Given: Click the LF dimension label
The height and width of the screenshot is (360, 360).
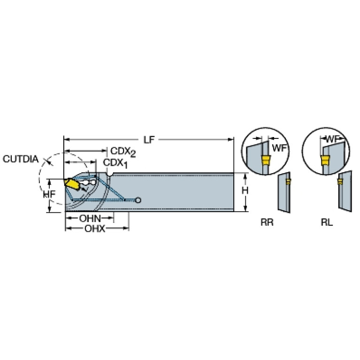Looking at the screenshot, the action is click(x=149, y=139).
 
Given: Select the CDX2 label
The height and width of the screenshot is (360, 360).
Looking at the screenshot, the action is click(x=123, y=152).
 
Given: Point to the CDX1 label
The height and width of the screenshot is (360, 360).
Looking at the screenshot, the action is click(x=115, y=163).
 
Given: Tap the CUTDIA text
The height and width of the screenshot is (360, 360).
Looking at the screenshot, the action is click(x=21, y=159).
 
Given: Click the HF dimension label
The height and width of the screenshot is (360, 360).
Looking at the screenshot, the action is click(x=49, y=194).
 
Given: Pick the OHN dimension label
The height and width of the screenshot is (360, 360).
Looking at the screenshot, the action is click(x=90, y=218).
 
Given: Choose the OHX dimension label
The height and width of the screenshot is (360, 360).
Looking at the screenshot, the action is click(x=95, y=229).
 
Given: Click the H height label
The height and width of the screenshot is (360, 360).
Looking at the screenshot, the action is click(x=245, y=190).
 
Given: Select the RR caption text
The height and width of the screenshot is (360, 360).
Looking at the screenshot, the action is click(x=267, y=222).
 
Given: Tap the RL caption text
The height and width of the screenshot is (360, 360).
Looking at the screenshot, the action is click(x=327, y=222).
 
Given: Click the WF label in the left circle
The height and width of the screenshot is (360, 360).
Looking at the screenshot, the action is click(x=279, y=148).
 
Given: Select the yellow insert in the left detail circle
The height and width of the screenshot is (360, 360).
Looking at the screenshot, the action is click(x=266, y=160).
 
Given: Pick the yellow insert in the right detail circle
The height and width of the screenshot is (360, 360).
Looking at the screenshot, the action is click(x=325, y=160).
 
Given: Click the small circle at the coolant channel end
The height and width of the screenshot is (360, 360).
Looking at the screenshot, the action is click(x=138, y=200).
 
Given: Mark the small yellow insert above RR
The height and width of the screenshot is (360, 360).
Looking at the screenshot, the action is click(x=288, y=182).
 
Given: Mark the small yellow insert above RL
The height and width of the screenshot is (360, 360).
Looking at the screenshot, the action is click(x=340, y=182).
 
